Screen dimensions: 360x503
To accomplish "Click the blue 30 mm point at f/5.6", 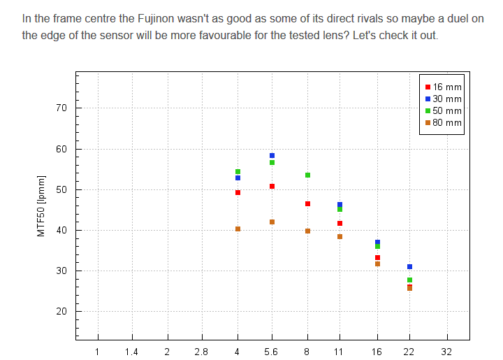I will pos(272,156).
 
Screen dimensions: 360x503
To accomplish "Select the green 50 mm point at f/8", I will pos(307,175).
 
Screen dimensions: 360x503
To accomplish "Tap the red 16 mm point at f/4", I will pos(238,193).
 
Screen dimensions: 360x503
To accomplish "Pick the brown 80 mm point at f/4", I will pos(238,229).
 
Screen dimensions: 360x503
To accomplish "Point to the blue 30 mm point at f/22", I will pos(409,267).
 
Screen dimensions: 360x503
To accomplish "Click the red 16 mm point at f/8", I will pos(307,204).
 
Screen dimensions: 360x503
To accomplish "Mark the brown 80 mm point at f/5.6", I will pos(272,222).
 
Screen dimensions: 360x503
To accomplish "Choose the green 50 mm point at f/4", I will pos(238,172).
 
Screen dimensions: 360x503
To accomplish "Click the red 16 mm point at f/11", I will pos(340,224).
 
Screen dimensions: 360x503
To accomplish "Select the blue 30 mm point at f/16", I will pos(377,243).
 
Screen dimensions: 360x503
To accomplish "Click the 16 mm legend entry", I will pos(444,87).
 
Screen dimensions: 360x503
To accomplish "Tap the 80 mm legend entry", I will pos(444,123).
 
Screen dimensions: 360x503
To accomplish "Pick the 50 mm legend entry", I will pos(444,111).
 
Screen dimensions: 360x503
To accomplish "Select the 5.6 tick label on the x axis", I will pos(272,352).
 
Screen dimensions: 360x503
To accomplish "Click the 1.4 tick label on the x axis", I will pos(132,352).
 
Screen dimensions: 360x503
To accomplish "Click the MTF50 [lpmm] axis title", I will pos(41,207).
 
